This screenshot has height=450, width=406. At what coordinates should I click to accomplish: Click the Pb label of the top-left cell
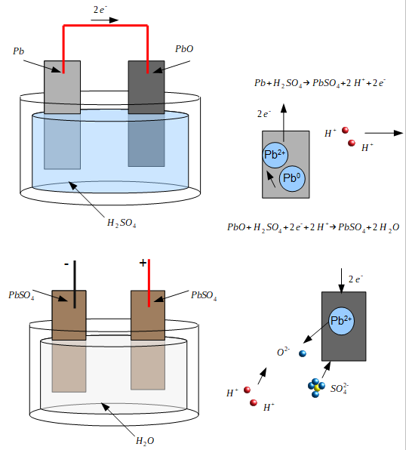click(19, 51)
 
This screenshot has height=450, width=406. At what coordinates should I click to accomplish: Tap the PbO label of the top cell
click(184, 49)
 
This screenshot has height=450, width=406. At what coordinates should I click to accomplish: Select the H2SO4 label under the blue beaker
click(121, 223)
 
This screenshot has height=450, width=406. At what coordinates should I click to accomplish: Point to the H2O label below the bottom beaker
click(145, 441)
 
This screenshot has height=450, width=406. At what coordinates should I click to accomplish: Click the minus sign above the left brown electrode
click(66, 264)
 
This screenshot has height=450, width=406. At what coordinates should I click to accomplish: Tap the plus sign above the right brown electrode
click(143, 263)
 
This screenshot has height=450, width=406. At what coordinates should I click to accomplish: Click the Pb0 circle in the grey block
click(292, 178)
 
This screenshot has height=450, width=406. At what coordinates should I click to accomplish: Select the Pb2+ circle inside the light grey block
click(275, 155)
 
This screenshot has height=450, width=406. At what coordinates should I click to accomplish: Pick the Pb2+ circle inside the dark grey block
click(341, 321)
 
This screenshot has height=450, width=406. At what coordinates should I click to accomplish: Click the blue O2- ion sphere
click(303, 353)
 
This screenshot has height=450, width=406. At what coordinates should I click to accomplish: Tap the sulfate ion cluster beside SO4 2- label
click(316, 388)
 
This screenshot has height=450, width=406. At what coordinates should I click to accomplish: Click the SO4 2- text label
click(340, 389)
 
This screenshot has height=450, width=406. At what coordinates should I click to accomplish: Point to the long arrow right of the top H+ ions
click(384, 133)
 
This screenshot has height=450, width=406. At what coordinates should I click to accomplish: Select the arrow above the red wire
click(104, 20)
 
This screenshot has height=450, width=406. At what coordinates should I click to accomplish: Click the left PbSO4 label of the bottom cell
click(21, 295)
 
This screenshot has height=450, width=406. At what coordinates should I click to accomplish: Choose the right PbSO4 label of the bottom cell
click(204, 295)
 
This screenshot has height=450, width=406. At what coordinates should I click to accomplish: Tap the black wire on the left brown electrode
click(75, 284)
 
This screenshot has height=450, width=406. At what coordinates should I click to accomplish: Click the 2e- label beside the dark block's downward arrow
click(355, 279)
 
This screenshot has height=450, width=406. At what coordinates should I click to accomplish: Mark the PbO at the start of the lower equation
click(236, 227)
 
